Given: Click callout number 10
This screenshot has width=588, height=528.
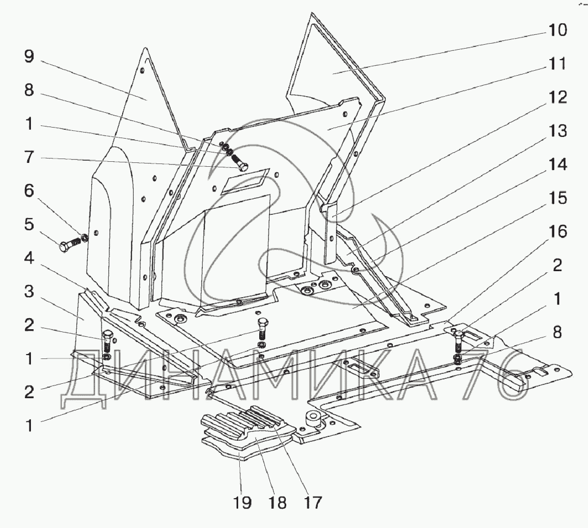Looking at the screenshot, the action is click(558, 30).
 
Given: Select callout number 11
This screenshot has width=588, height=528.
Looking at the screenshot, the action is click(557, 64).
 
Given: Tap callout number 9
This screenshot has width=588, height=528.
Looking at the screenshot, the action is click(29, 56).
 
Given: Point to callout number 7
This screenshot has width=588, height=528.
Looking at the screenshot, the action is click(29, 157).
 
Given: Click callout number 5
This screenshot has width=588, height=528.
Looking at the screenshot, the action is click(29, 224).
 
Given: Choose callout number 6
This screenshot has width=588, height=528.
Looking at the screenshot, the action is click(29, 191).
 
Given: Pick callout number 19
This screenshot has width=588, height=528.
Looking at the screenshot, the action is click(242, 503).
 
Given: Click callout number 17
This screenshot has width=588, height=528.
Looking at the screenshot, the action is click(312, 503).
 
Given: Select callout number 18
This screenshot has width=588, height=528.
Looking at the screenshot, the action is click(277, 503).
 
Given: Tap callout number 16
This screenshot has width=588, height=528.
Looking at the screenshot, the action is click(558, 231).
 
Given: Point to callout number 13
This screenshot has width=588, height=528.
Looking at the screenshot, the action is click(558, 131).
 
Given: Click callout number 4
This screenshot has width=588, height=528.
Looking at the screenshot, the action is click(29, 258).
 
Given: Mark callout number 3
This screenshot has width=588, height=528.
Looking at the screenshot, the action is click(29, 291).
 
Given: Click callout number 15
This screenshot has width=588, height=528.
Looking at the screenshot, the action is click(558, 198).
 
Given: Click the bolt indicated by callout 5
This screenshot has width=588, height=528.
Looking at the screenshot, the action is click(71, 245).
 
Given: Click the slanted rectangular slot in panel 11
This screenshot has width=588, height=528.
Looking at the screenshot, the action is click(245, 181).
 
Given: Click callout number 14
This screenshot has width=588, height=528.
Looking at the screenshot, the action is click(558, 165).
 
